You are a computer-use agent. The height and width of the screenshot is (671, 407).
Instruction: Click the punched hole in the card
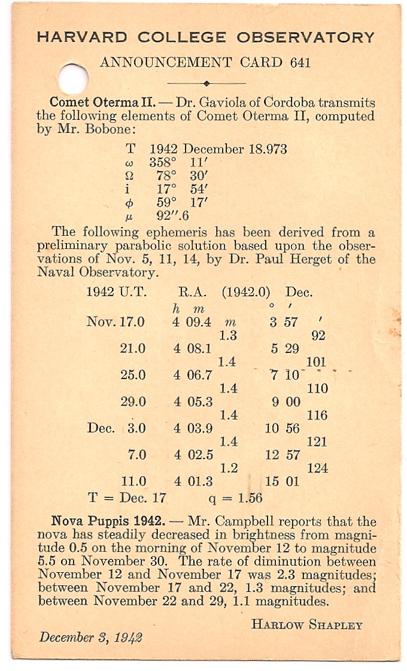(x=74, y=79)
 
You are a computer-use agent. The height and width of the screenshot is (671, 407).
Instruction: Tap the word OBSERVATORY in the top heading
(x=306, y=37)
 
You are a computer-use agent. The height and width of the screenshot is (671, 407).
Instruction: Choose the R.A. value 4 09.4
(x=192, y=322)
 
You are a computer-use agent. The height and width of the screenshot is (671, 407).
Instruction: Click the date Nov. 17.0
(x=116, y=322)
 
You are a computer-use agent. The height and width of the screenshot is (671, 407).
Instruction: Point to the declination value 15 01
(x=283, y=481)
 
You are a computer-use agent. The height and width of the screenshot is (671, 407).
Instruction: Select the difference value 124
(x=317, y=468)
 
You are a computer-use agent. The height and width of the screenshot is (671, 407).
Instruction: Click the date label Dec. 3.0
(x=116, y=428)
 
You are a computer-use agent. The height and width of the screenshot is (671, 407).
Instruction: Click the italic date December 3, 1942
(x=90, y=637)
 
